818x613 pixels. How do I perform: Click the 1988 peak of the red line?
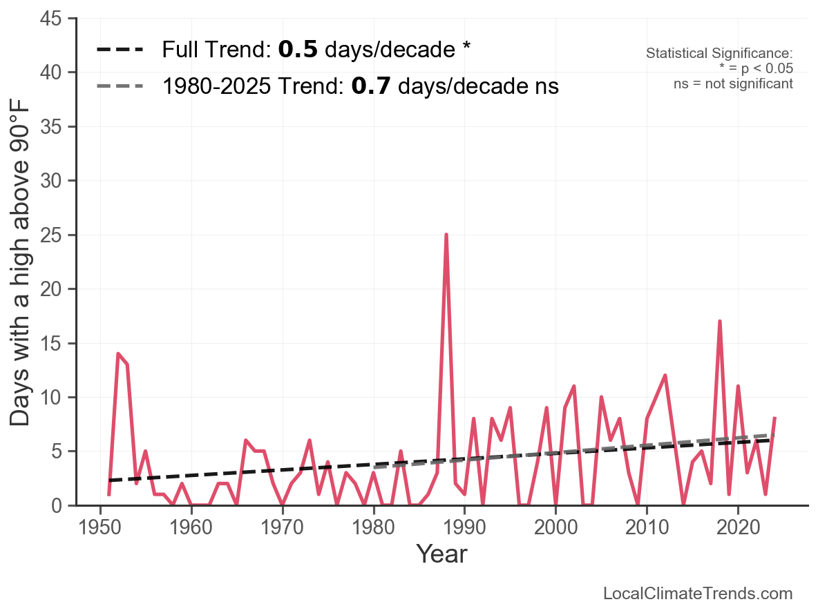click(446, 235)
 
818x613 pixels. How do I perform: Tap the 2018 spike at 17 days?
click(720, 322)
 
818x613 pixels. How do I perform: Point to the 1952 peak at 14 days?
click(118, 353)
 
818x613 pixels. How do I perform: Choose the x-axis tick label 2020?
click(738, 527)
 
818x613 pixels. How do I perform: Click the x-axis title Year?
click(441, 554)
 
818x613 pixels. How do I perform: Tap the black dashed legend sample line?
click(120, 50)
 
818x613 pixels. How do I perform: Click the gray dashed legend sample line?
click(120, 86)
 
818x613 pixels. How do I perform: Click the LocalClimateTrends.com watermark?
click(698, 594)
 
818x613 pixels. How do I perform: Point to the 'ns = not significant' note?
click(733, 84)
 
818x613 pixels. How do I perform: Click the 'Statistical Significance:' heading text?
click(719, 54)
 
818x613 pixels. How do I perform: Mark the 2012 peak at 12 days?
click(665, 376)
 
